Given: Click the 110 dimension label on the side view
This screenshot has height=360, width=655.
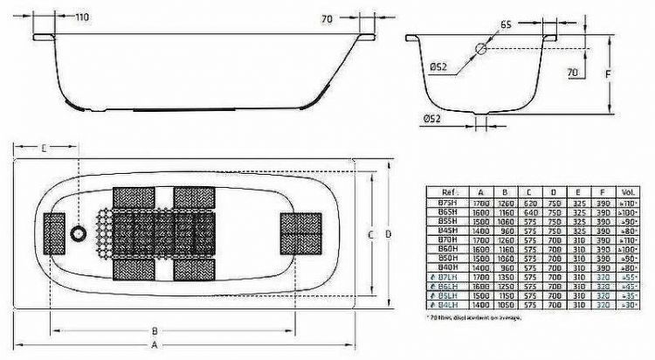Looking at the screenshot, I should [x=80, y=17].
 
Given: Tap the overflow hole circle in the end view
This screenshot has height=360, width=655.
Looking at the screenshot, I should [x=480, y=52].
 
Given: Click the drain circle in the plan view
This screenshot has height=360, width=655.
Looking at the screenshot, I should [x=79, y=233].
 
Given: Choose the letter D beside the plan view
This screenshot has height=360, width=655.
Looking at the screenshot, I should [x=386, y=234].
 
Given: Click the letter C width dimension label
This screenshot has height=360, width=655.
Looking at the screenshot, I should [x=369, y=234].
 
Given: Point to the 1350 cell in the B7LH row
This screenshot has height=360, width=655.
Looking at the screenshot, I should [x=504, y=277].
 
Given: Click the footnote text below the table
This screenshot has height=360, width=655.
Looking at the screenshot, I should [x=475, y=316].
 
